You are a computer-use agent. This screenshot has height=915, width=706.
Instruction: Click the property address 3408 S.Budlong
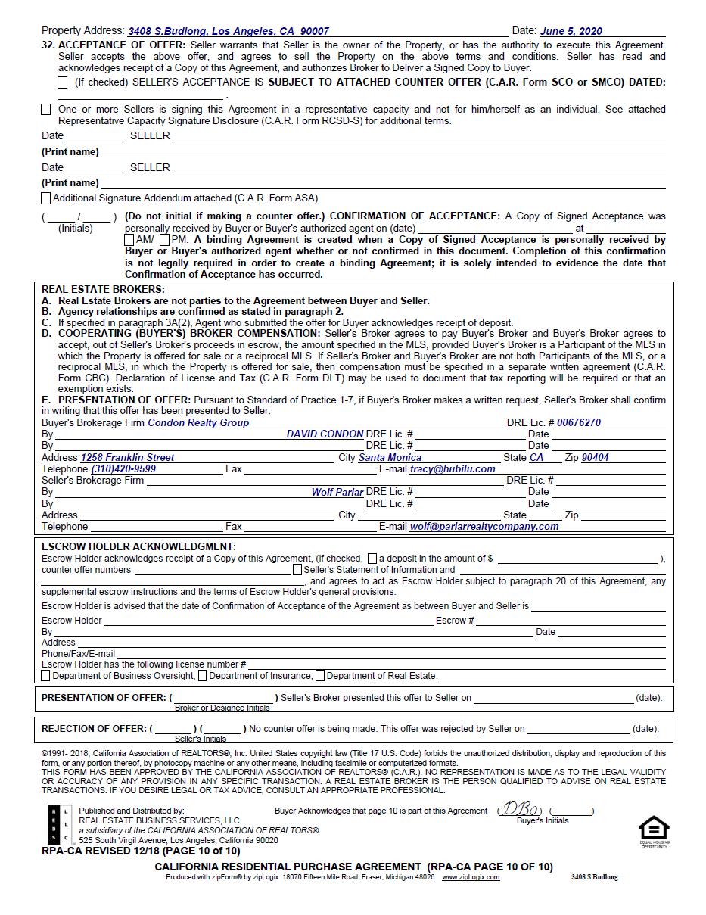click(228, 31)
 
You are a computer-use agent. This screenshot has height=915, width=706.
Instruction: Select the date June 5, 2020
click(571, 31)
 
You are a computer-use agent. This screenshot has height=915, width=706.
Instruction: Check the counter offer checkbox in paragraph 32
click(63, 82)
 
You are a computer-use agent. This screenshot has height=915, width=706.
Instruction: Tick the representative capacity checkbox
click(46, 110)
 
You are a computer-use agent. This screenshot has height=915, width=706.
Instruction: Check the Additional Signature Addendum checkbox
click(46, 198)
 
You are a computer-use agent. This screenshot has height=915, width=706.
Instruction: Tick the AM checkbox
click(129, 240)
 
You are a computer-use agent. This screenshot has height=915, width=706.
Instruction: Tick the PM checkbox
click(165, 240)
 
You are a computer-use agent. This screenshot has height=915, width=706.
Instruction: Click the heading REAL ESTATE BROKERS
click(102, 289)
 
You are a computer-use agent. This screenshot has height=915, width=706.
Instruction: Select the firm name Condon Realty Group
click(198, 423)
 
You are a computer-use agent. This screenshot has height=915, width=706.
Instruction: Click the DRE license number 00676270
click(579, 423)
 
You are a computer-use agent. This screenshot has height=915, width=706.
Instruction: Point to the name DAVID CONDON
click(325, 434)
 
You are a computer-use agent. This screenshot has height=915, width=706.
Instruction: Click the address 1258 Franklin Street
click(127, 458)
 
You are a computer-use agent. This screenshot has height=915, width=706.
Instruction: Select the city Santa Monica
click(390, 458)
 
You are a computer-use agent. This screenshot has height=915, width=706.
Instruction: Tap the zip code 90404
click(595, 458)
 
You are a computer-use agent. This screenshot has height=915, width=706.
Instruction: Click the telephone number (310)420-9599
click(123, 469)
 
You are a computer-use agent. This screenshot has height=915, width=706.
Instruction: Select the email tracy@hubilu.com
click(453, 469)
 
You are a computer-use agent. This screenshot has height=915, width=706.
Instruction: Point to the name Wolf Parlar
click(337, 492)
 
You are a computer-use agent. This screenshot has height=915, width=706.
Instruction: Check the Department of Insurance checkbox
click(202, 676)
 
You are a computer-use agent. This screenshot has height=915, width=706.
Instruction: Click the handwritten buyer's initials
click(520, 810)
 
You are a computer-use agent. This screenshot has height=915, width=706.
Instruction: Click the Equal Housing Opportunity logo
click(655, 830)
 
